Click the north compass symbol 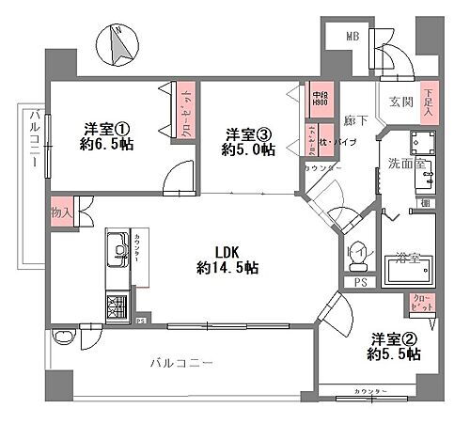coord(118,47)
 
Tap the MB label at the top coord(352,36)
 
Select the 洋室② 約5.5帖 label coord(393,348)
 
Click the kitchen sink coord(118,251)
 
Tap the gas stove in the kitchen coord(118,307)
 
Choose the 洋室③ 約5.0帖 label coord(248,141)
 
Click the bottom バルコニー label coord(181,362)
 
